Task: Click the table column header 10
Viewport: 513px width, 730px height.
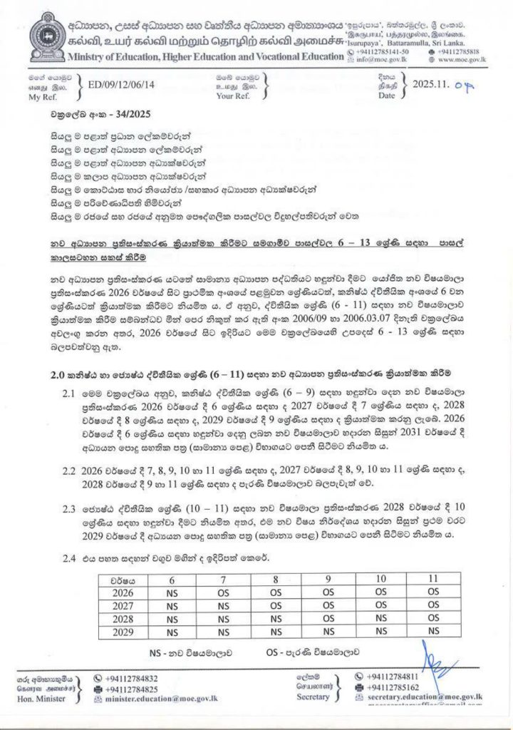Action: click(380, 581)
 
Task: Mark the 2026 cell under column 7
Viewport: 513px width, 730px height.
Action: click(224, 594)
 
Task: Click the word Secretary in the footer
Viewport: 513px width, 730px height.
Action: click(313, 697)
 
